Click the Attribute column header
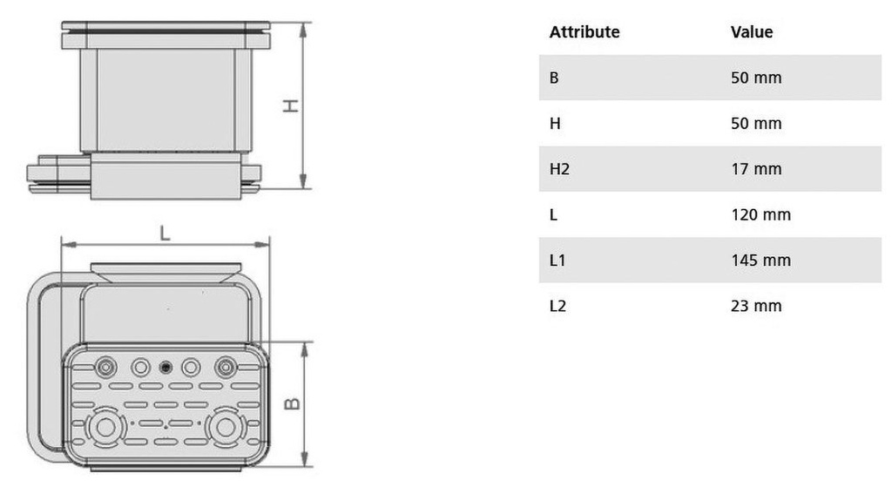(x=585, y=32)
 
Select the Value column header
(x=752, y=32)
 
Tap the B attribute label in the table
(x=554, y=78)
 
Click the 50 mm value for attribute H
(x=756, y=124)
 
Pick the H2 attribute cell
(x=559, y=169)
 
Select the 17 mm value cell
(x=756, y=169)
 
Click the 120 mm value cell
(x=760, y=214)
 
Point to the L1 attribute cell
(x=557, y=261)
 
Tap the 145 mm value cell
(x=760, y=261)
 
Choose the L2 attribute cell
(x=558, y=306)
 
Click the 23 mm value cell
(x=756, y=306)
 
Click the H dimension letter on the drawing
(x=291, y=106)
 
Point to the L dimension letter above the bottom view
(x=165, y=233)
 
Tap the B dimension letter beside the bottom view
(x=292, y=403)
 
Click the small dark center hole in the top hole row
(x=166, y=367)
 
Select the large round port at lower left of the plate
(x=105, y=427)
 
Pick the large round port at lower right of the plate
(x=226, y=427)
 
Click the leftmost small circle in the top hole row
(x=105, y=367)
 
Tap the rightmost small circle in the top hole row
(x=226, y=367)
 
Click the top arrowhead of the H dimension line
(x=303, y=30)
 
